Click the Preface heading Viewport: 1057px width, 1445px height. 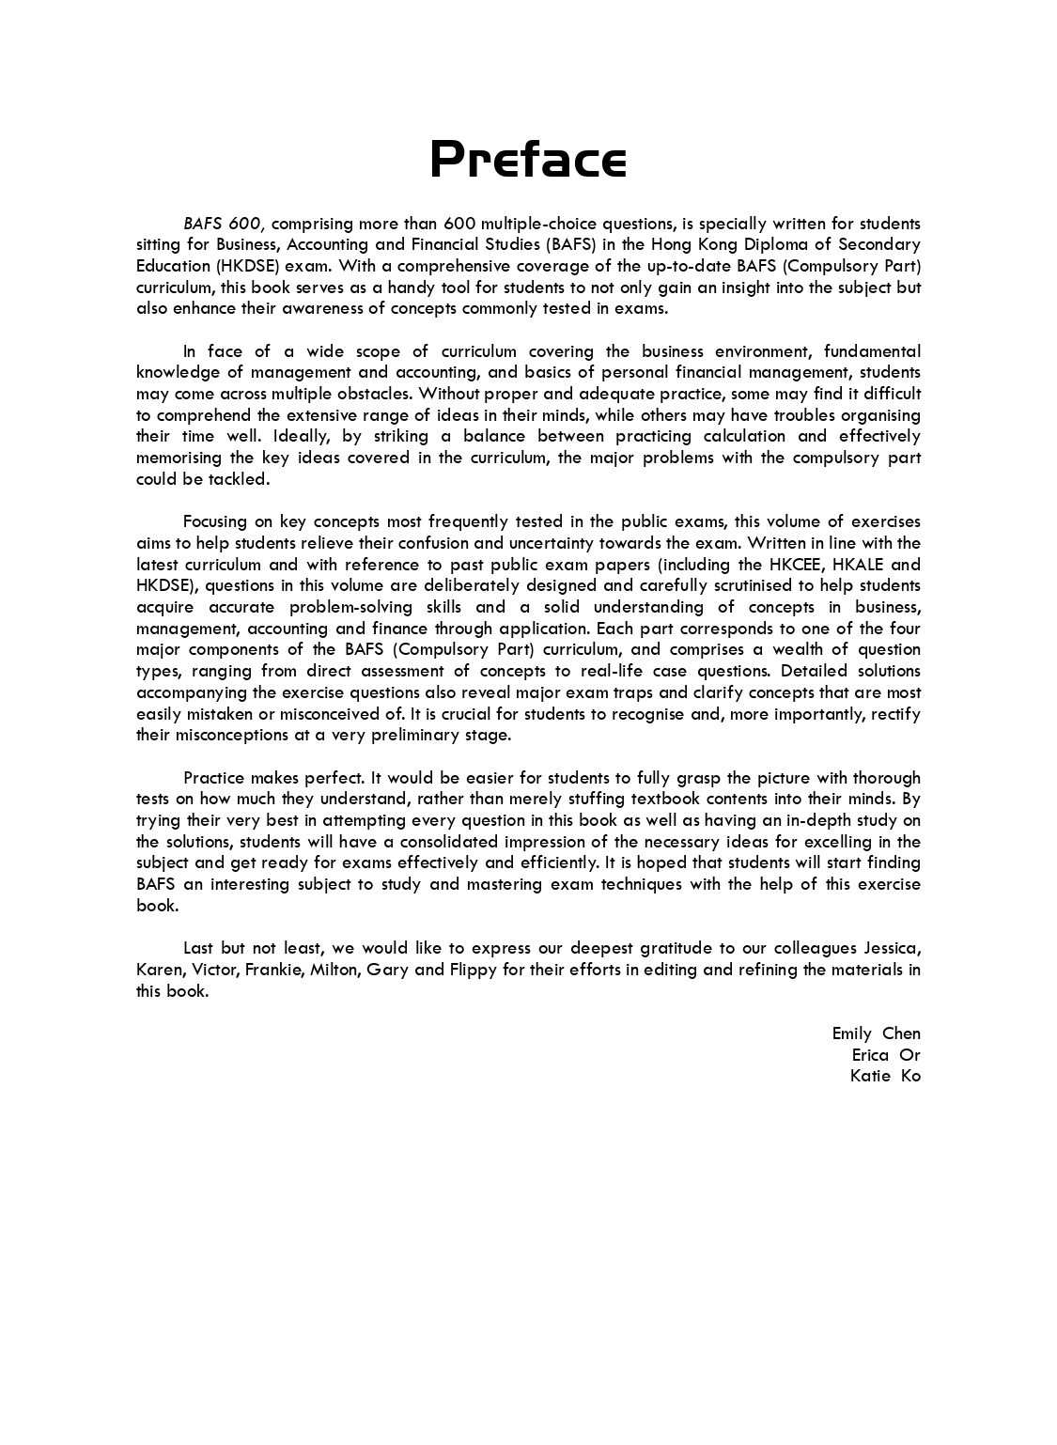528,160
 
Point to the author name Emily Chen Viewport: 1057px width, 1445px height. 876,1033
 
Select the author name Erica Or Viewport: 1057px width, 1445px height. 886,1055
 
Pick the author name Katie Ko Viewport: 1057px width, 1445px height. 885,1077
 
